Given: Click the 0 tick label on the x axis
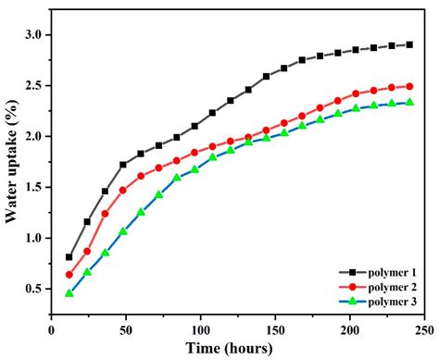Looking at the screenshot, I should (51, 329).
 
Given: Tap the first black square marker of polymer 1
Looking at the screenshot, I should (69, 257).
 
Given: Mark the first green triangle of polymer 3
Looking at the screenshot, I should (69, 292).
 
